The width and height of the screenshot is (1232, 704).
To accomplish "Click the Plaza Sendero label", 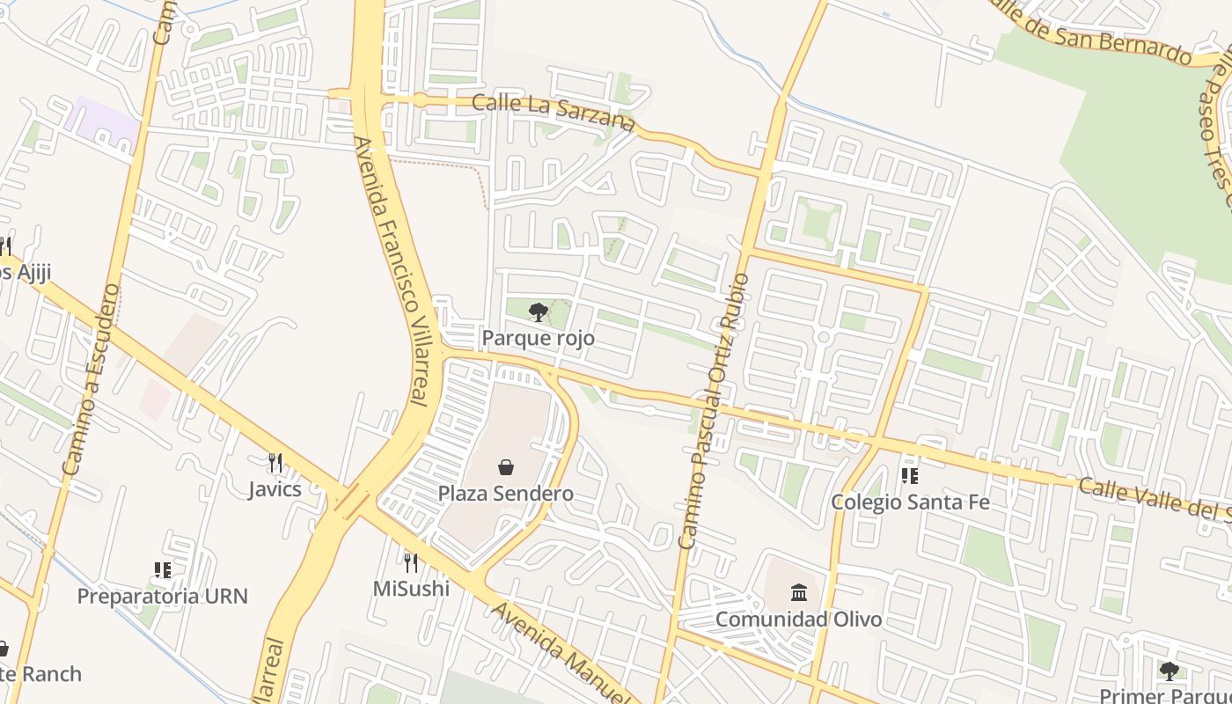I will (506, 494).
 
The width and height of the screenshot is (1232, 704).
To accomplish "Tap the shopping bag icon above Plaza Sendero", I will (506, 467).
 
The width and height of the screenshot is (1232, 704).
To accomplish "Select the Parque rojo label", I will (538, 338).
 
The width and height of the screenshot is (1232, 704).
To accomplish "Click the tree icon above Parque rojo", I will (538, 312).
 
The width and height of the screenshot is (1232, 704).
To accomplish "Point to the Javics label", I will (275, 489).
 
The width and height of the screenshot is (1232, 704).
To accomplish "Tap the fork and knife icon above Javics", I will (275, 463).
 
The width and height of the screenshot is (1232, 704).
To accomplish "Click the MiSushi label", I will (411, 588).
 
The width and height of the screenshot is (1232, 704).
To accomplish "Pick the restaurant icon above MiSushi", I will (411, 562).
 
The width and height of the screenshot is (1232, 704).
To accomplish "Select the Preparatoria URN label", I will (163, 596).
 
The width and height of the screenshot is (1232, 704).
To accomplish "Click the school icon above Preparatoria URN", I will (162, 570).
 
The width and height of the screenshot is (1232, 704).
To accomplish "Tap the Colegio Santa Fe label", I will (911, 502).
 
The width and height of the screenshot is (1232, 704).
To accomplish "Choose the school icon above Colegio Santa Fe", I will (910, 476).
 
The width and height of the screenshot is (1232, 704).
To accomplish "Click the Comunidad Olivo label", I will (798, 619).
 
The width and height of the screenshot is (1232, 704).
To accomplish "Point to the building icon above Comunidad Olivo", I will (798, 591).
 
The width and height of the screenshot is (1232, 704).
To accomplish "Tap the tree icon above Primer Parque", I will (1169, 671).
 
